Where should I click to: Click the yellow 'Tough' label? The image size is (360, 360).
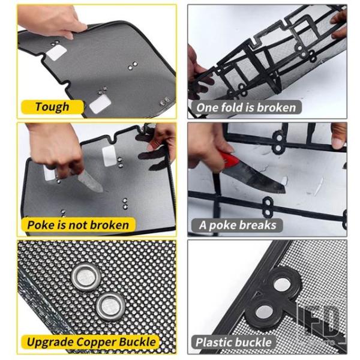52,107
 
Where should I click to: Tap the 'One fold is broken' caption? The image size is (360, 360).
246,107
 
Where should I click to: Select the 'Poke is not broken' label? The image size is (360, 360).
78,225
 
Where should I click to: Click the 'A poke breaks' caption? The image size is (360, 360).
238,225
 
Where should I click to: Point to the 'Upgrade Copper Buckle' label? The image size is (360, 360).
91,342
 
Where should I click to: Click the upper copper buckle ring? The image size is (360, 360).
86,277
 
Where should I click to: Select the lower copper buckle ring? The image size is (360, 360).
111,306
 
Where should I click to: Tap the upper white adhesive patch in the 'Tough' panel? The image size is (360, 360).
56,53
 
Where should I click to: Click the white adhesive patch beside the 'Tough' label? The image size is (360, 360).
100,104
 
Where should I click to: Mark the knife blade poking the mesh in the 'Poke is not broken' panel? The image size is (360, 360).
90,182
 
